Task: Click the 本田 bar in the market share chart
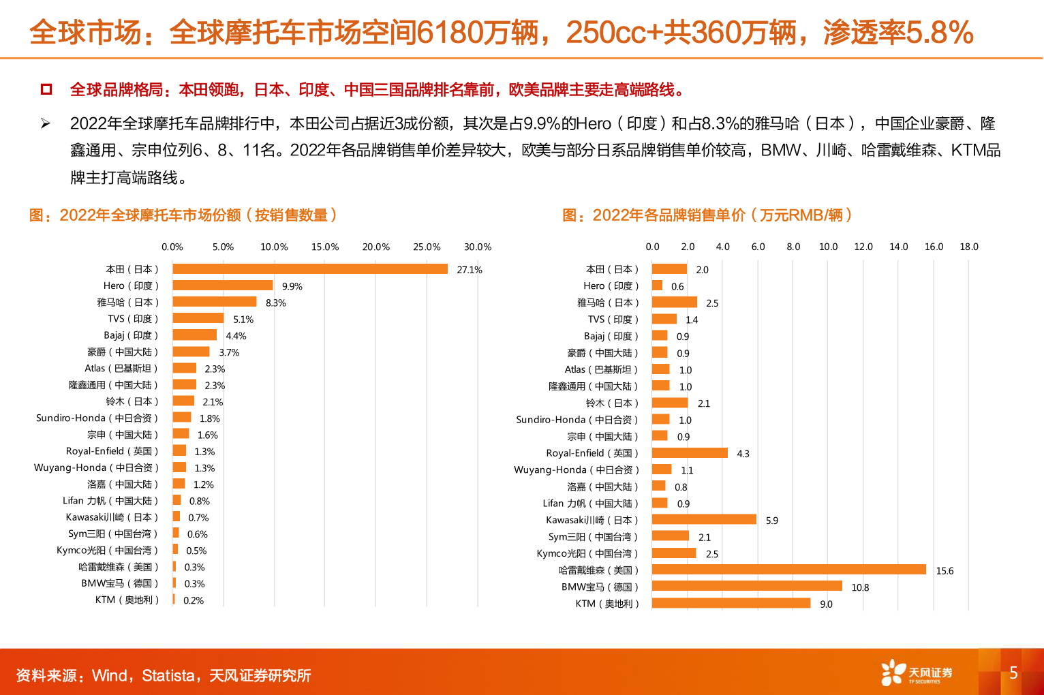click(x=310, y=269)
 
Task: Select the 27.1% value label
click(x=469, y=270)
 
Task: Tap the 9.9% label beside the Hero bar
click(x=292, y=286)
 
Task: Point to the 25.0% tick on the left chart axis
click(x=427, y=247)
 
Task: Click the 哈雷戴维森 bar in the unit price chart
click(x=789, y=570)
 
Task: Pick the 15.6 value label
click(x=945, y=571)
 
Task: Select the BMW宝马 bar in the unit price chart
click(x=747, y=586)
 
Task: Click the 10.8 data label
click(x=860, y=587)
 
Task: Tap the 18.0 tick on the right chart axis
click(x=969, y=247)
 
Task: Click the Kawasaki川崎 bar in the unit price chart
click(x=704, y=519)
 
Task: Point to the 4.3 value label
click(x=743, y=454)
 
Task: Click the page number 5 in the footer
click(x=1013, y=673)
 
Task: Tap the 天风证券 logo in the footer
click(x=917, y=673)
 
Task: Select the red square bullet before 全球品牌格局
click(x=46, y=89)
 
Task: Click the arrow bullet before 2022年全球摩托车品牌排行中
click(x=46, y=123)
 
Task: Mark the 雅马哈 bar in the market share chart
click(x=215, y=302)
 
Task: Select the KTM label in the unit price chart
click(x=607, y=604)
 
